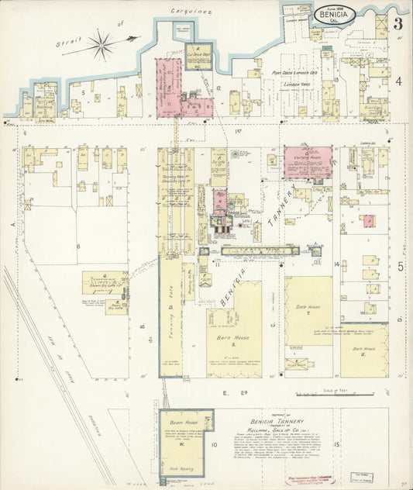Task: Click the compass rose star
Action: [x=102, y=44]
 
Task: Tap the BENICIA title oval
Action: [x=336, y=14]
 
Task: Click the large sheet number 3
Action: [x=398, y=24]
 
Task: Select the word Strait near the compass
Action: [x=69, y=45]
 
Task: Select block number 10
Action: [x=213, y=445]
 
